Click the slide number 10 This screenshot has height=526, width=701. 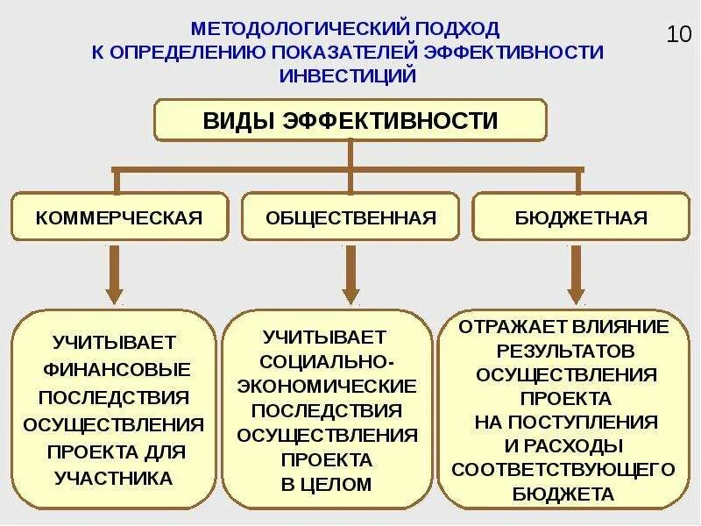click(x=679, y=36)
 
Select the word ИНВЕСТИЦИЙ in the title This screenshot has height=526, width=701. click(x=347, y=75)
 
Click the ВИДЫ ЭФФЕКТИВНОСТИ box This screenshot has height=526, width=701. click(x=350, y=120)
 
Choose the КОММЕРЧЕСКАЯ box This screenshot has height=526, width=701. click(x=119, y=217)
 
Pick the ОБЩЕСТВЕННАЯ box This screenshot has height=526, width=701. click(x=350, y=217)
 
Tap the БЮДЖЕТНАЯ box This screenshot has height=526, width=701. click(x=581, y=217)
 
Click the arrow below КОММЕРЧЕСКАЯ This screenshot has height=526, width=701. click(x=114, y=275)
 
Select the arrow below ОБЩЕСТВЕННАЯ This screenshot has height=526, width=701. click(x=350, y=275)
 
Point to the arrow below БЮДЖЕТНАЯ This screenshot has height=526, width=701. click(x=576, y=275)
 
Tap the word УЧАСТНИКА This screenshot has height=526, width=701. click(x=114, y=479)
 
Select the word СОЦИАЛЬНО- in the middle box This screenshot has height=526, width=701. click(x=327, y=361)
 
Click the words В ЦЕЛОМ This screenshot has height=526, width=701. click(x=327, y=484)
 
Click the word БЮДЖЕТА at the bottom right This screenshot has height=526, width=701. click(x=564, y=494)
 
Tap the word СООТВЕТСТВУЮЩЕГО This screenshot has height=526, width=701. click(x=564, y=469)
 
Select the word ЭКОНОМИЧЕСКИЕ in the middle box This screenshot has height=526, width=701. click(x=327, y=386)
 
